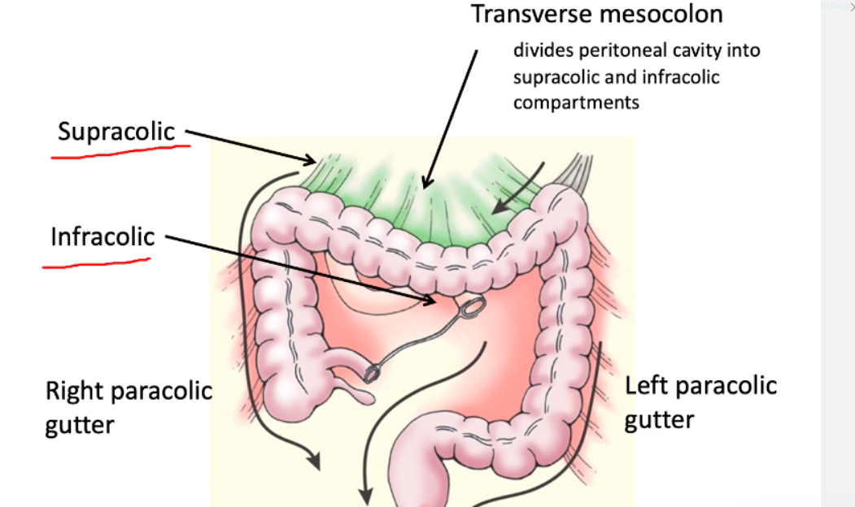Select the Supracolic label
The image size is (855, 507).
(x=116, y=131)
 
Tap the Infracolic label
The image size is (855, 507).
(x=103, y=236)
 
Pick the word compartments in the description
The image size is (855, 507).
(x=576, y=102)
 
